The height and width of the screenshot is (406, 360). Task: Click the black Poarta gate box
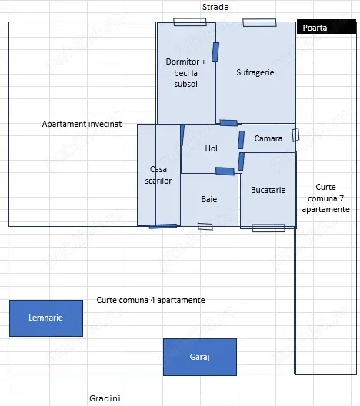pyautogui.click(x=326, y=27)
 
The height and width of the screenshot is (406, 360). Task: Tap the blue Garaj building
pyautogui.click(x=200, y=357)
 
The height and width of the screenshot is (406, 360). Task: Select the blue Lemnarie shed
pyautogui.click(x=46, y=318)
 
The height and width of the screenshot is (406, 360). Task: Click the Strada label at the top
pyautogui.click(x=215, y=7)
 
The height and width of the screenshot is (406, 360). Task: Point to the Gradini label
pyautogui.click(x=105, y=398)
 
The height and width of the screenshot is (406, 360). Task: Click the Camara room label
pyautogui.click(x=268, y=138)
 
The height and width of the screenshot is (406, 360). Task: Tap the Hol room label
pyautogui.click(x=211, y=148)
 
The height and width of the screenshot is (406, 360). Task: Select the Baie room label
pyautogui.click(x=209, y=199)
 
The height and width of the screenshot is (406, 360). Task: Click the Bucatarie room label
pyautogui.click(x=268, y=190)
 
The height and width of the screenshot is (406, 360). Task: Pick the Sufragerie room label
pyautogui.click(x=255, y=72)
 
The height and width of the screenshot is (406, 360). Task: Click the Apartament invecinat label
pyautogui.click(x=82, y=124)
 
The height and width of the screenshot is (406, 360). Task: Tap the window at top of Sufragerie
pyautogui.click(x=259, y=22)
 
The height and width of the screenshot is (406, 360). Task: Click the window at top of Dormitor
pyautogui.click(x=190, y=22)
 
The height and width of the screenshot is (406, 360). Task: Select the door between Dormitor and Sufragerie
pyautogui.click(x=215, y=52)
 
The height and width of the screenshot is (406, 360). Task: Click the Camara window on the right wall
pyautogui.click(x=295, y=135)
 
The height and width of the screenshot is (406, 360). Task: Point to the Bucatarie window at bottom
pyautogui.click(x=268, y=228)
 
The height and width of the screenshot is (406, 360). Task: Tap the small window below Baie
pyautogui.click(x=205, y=227)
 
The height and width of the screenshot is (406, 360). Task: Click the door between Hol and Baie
pyautogui.click(x=225, y=171)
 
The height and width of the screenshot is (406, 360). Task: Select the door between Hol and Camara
pyautogui.click(x=241, y=140)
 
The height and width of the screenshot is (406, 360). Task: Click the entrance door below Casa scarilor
pyautogui.click(x=163, y=226)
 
